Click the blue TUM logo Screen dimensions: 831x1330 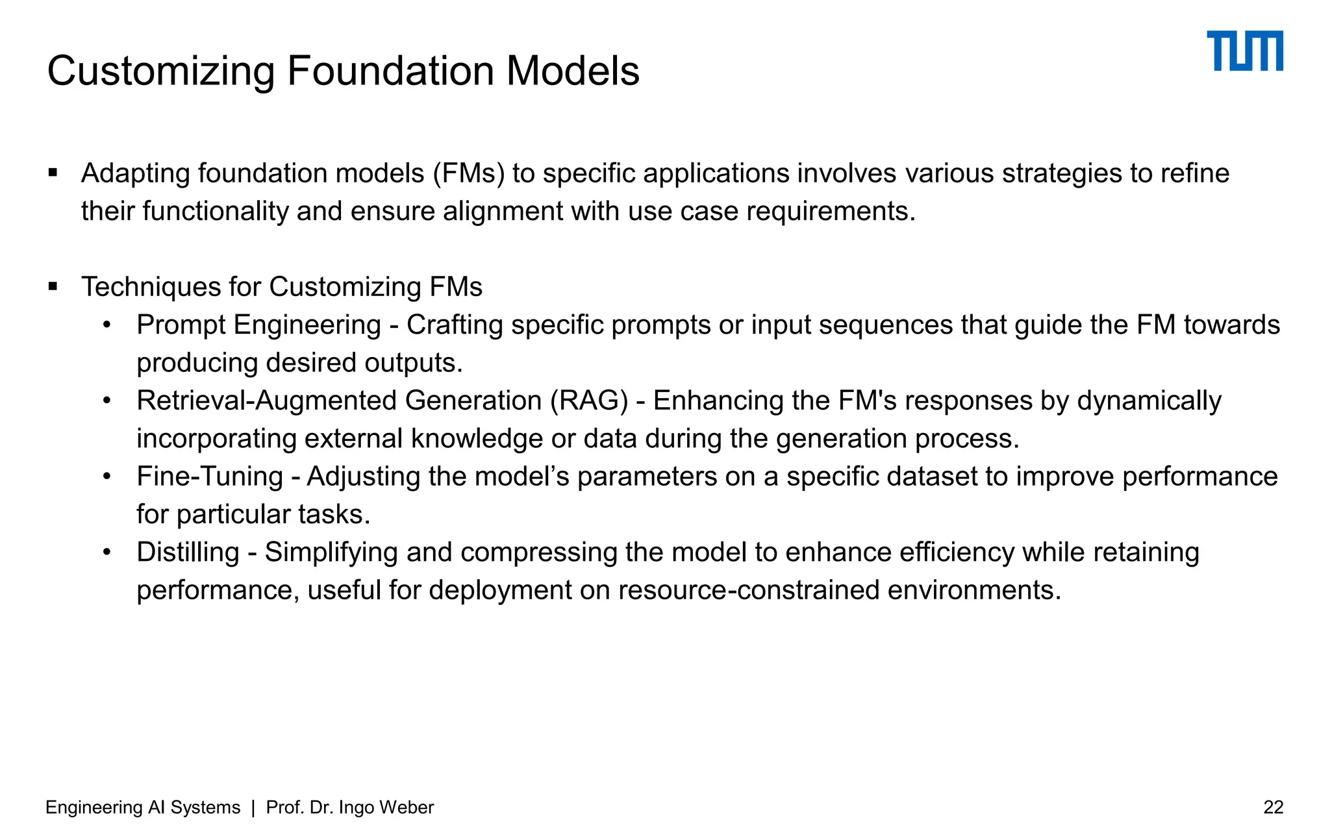[x=1244, y=51]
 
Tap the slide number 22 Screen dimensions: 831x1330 [x=1273, y=807]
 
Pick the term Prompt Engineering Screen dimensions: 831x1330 [x=258, y=325]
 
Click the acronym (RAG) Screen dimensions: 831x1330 [x=589, y=401]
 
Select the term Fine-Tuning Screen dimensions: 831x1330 [x=209, y=477]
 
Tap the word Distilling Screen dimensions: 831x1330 [x=188, y=552]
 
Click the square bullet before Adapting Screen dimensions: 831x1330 [x=53, y=173]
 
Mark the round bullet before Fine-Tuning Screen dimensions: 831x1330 [x=107, y=477]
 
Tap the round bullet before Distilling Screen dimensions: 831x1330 [x=107, y=552]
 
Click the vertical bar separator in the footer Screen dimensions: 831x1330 [x=253, y=807]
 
